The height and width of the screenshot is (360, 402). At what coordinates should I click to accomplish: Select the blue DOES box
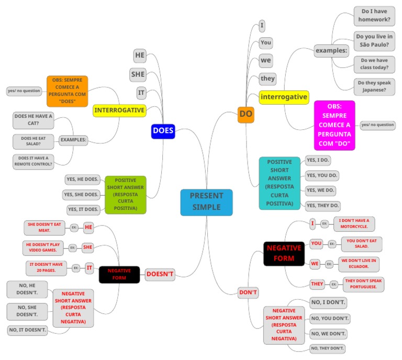coord(163,131)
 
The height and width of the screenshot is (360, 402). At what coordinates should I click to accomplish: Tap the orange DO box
coord(246,114)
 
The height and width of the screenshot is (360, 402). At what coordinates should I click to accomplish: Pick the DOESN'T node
coord(160,274)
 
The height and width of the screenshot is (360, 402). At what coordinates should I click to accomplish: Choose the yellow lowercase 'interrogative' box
coord(284,97)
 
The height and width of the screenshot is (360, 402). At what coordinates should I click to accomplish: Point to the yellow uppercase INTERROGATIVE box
coord(119,110)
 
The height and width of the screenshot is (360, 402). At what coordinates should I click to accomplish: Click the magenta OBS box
coord(334,125)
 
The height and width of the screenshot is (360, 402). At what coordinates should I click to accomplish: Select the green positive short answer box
coord(126,194)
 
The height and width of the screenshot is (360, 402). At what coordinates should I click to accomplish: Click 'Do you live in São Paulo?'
coord(374,41)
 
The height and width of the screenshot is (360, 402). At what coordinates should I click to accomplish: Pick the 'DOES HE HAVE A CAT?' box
coord(33,120)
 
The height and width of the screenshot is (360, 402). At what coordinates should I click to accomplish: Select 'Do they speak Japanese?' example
coord(374,86)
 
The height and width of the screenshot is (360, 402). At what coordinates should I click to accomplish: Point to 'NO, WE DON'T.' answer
coord(329,333)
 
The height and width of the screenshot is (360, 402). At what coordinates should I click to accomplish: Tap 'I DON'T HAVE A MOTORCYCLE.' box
coord(354,224)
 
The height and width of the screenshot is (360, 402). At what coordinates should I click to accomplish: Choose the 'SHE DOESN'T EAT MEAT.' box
coord(46,228)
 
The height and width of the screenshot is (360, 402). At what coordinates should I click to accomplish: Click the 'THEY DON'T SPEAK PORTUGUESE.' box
coord(364,284)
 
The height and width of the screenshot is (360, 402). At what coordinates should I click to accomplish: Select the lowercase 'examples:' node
coord(331,51)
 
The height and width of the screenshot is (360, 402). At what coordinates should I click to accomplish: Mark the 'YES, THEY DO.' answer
coord(323,206)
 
